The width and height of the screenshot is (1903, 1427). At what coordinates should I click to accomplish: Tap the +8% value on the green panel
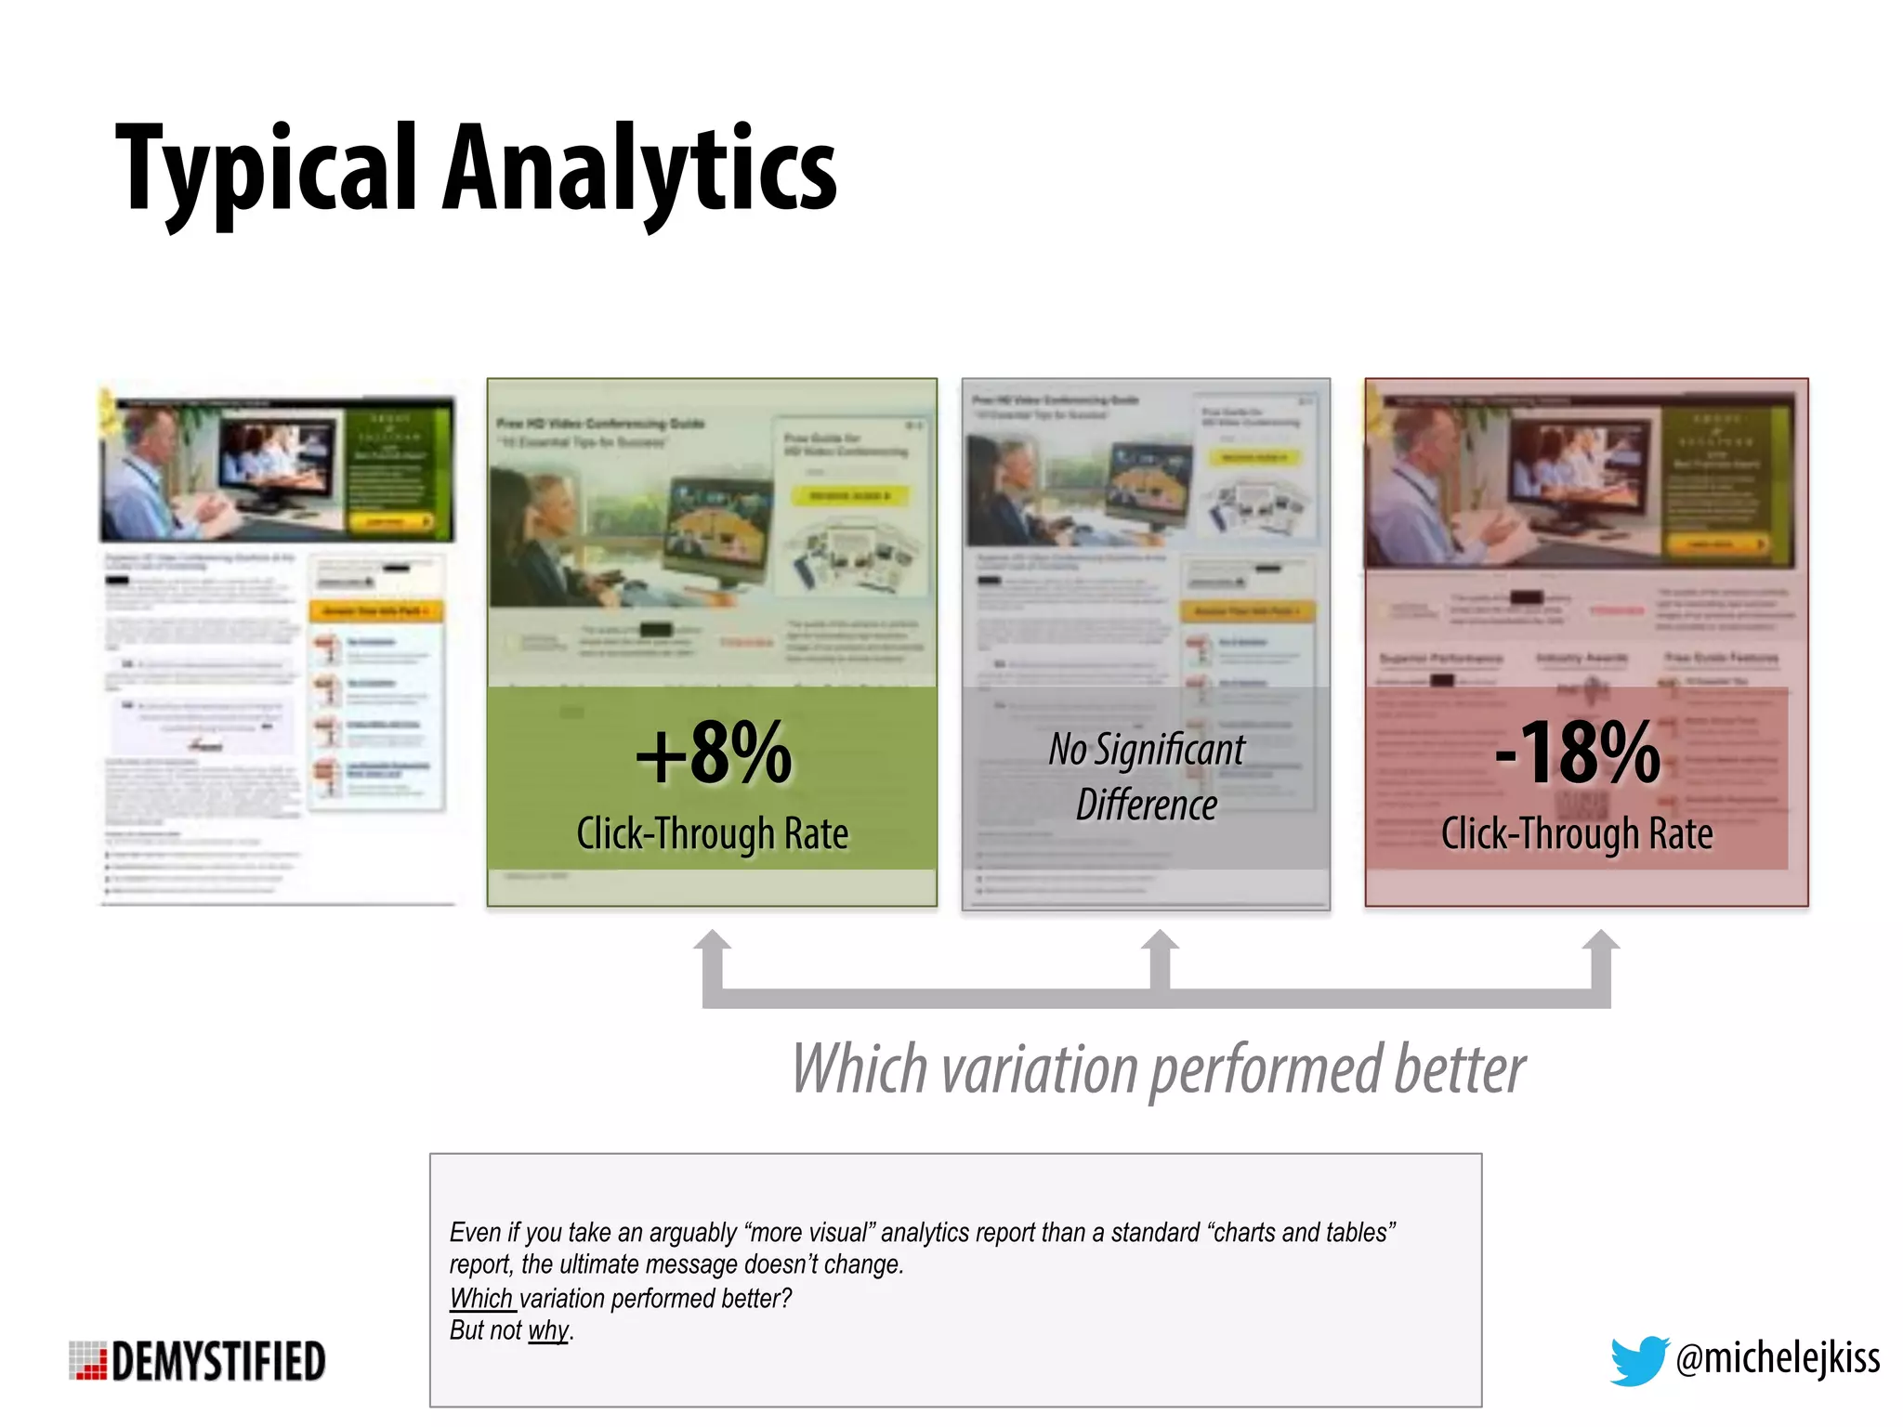714,753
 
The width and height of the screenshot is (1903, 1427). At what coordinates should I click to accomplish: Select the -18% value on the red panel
1577,753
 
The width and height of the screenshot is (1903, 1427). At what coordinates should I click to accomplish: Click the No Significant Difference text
1147,777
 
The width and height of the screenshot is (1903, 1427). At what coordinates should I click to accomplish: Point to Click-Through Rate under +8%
712,833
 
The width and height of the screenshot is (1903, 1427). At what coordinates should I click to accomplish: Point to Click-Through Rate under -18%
1577,833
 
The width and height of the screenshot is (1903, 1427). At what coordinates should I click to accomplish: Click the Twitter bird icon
1637,1360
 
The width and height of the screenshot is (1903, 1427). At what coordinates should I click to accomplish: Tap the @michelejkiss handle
1778,1358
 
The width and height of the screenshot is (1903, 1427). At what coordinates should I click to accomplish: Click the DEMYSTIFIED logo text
218,1362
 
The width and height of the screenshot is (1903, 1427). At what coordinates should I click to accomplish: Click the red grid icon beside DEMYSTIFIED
88,1361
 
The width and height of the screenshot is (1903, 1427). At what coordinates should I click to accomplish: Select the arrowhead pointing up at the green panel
712,942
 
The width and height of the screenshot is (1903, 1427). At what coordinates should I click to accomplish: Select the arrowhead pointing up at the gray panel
1160,942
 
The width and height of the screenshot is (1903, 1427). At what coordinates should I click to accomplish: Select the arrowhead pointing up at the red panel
1601,942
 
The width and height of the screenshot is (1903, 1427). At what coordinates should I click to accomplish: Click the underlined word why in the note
547,1330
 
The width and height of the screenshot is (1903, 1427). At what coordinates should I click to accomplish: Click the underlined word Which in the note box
480,1298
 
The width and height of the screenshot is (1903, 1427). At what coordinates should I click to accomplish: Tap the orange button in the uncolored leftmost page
374,611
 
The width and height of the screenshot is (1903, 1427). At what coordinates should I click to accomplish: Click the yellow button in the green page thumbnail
849,496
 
